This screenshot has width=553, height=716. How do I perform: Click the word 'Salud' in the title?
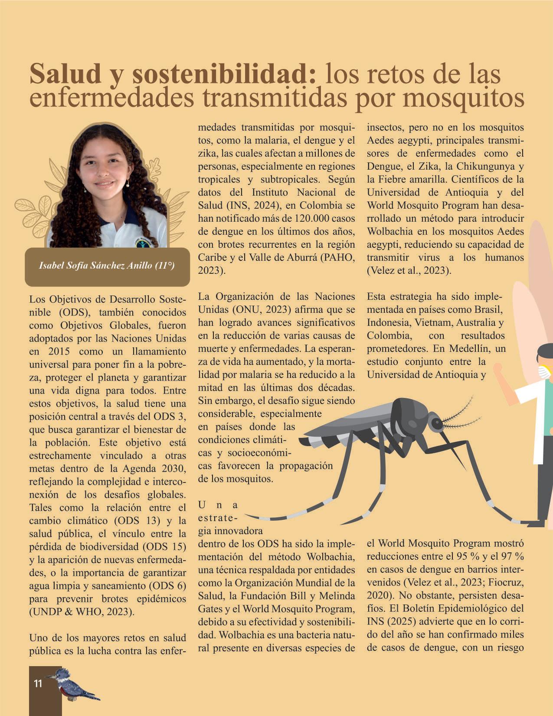click(65, 74)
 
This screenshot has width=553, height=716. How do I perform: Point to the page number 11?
click(38, 683)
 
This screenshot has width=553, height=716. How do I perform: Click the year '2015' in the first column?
click(59, 351)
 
